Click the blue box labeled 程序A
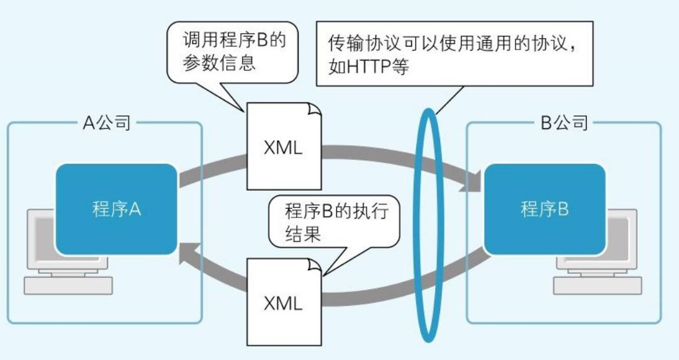click(x=116, y=209)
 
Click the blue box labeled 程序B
click(x=544, y=209)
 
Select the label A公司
click(x=107, y=123)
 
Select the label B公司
click(x=564, y=123)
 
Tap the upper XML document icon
click(x=284, y=147)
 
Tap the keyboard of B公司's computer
click(x=597, y=285)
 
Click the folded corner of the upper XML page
click(x=314, y=110)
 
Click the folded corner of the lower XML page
click(x=314, y=265)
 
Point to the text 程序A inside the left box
click(x=116, y=209)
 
